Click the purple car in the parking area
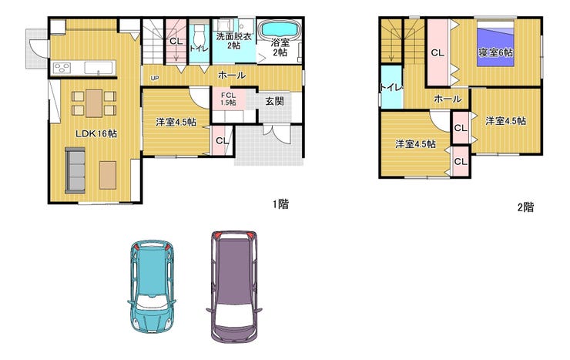point(234,286)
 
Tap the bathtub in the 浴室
point(280,28)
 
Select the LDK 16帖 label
point(96,133)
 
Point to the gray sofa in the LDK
point(75,170)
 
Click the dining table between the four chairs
point(94,103)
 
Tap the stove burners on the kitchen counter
point(62,68)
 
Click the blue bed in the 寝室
point(495,44)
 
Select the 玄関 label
point(274,101)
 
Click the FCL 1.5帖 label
point(228,99)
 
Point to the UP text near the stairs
point(155,78)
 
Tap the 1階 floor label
point(281,204)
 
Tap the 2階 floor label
point(525,207)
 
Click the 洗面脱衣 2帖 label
point(233,41)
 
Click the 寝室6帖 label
point(495,52)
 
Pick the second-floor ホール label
point(448,99)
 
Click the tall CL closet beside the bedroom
point(438,52)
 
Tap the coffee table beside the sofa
point(108,175)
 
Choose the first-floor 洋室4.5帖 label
point(176,122)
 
